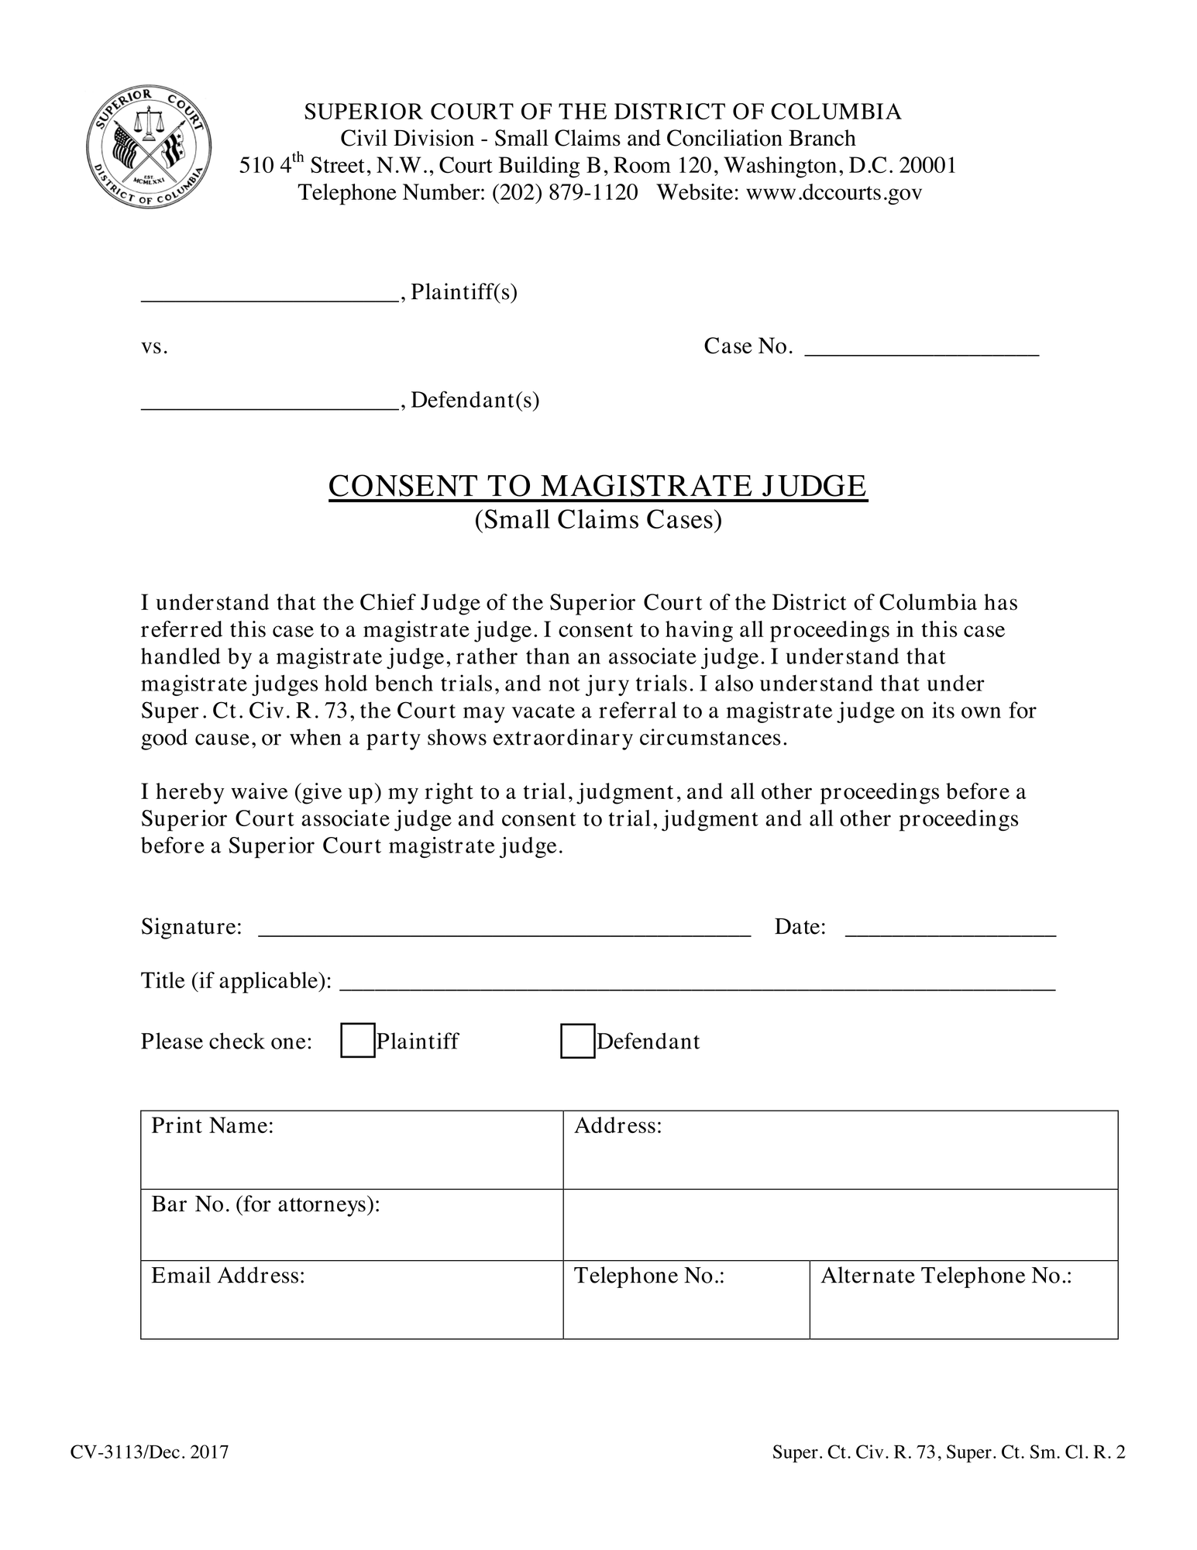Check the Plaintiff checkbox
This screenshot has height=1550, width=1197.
tap(357, 1041)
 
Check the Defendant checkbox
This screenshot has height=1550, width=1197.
tap(577, 1041)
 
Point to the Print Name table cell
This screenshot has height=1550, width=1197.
tap(351, 1149)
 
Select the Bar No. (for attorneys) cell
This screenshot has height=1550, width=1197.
tap(351, 1224)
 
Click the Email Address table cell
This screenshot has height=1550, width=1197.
tap(351, 1300)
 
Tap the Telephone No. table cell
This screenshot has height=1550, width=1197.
tap(686, 1300)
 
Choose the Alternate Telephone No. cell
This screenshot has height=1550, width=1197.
tap(963, 1300)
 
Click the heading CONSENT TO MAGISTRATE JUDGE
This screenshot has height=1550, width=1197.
tap(597, 486)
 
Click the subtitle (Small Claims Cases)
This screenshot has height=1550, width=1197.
tap(597, 519)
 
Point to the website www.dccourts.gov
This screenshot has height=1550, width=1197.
tap(834, 192)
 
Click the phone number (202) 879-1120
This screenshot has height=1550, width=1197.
tap(565, 192)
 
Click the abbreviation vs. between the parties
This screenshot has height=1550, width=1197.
tap(154, 347)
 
